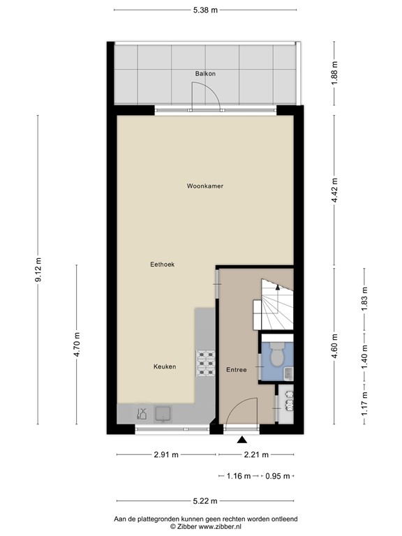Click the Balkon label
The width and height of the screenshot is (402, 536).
pos(204,73)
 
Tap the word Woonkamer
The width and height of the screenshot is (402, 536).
pos(204,186)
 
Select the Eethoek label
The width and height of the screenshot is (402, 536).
pos(162,265)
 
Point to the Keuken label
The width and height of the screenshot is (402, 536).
pos(165,366)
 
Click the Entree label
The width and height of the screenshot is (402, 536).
pos(236,369)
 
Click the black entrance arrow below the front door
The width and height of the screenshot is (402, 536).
pos(242,440)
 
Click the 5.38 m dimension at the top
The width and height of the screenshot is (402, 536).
pos(204,10)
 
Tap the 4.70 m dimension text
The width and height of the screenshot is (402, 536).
pos(77,345)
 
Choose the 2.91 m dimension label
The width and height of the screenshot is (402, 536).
pos(166,454)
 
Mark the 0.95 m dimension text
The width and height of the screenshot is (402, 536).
pos(277,477)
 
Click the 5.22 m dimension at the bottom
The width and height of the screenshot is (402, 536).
pos(204,500)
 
